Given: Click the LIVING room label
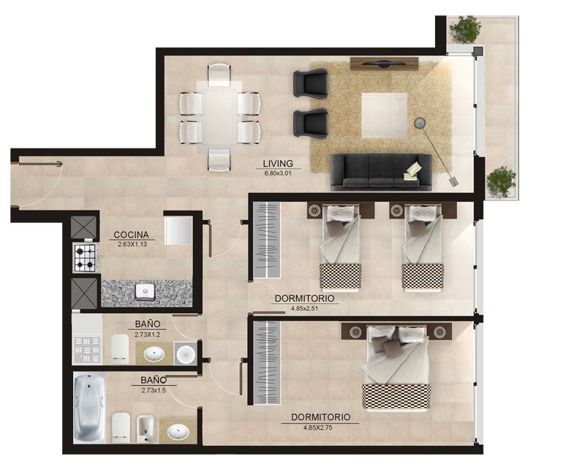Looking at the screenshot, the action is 278,164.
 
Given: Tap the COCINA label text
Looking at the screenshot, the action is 131,235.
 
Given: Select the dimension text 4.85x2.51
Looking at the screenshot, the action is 304,308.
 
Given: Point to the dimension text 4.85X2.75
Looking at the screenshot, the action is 317,428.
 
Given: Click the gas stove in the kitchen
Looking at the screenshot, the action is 86,257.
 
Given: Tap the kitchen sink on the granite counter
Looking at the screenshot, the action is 145,292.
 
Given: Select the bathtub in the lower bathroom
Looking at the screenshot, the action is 89,407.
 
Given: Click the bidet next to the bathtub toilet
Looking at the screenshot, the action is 146,429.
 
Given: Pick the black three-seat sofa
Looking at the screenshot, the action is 381,173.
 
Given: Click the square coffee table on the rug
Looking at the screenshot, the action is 385,115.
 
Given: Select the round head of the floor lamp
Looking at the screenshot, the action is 420,122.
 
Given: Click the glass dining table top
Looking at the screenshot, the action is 219,117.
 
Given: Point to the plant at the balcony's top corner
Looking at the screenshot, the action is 465,29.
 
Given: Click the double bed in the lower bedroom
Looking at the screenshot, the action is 396,368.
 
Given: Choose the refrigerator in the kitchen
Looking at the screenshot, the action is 178,230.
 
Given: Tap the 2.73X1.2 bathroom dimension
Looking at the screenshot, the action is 148,335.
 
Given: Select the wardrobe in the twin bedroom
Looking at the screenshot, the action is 267,240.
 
